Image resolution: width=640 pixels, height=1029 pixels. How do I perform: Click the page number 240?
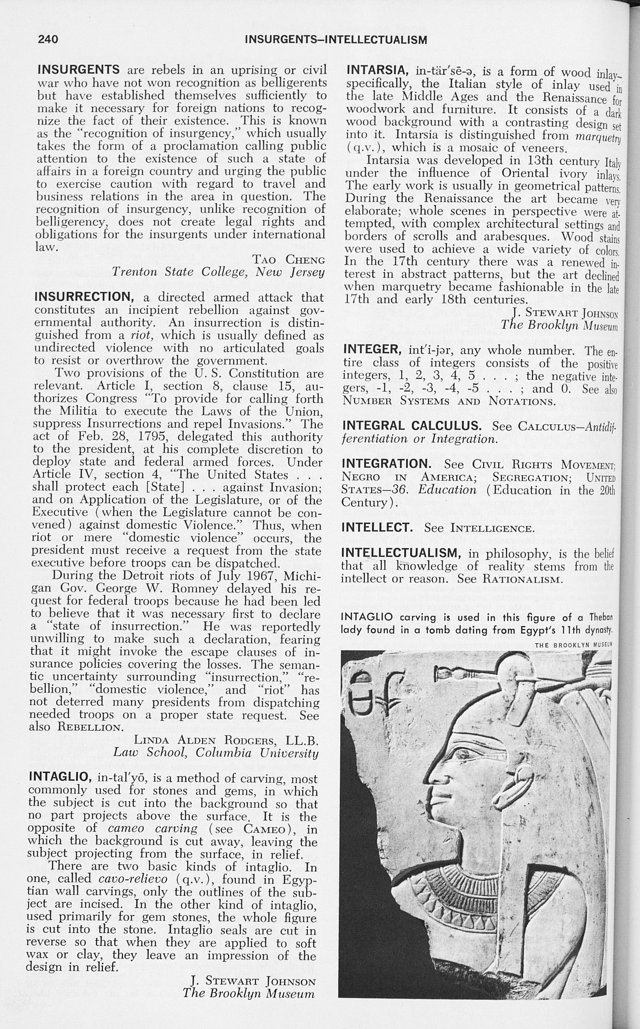click(48, 39)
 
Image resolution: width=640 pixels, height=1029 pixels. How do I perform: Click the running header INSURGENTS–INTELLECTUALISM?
click(336, 40)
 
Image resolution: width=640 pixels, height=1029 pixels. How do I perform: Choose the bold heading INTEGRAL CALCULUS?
click(411, 426)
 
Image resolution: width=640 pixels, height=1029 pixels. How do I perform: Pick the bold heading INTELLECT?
click(377, 527)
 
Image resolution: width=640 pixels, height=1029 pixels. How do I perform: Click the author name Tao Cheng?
click(289, 259)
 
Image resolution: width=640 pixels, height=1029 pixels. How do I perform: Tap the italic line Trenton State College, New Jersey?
click(218, 272)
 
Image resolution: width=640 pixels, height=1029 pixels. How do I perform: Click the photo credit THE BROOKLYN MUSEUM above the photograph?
click(573, 645)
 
